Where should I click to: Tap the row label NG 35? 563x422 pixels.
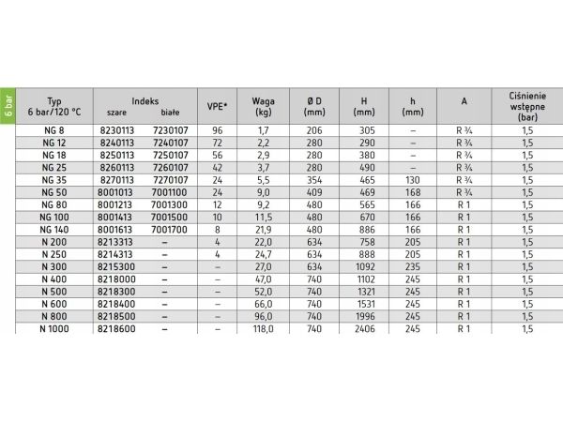[53, 178]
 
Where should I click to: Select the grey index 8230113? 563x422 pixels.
[116, 128]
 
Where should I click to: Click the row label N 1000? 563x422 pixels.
[53, 329]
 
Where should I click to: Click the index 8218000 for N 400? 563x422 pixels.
[116, 279]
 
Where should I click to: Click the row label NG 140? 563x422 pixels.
[53, 228]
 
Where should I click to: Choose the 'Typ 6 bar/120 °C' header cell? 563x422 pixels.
[53, 104]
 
